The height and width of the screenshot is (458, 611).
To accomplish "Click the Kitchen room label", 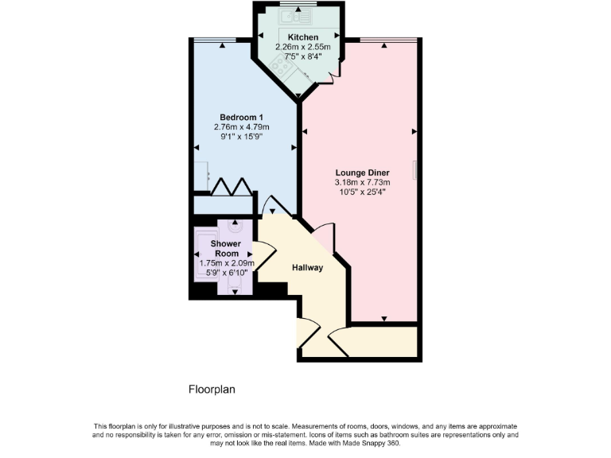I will click(302, 37).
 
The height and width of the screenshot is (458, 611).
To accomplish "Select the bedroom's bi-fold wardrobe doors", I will click(232, 186).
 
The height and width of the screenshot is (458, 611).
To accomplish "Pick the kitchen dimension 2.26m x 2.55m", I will click(302, 47).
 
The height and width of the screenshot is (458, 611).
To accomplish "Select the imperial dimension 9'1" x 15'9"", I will click(242, 137).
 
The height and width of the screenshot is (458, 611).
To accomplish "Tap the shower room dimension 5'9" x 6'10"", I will click(225, 273).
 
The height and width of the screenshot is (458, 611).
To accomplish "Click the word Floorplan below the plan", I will click(212, 390).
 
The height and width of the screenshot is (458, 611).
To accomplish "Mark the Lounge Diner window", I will click(388, 39).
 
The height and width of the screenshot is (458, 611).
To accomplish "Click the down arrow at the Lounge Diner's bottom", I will click(384, 318).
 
